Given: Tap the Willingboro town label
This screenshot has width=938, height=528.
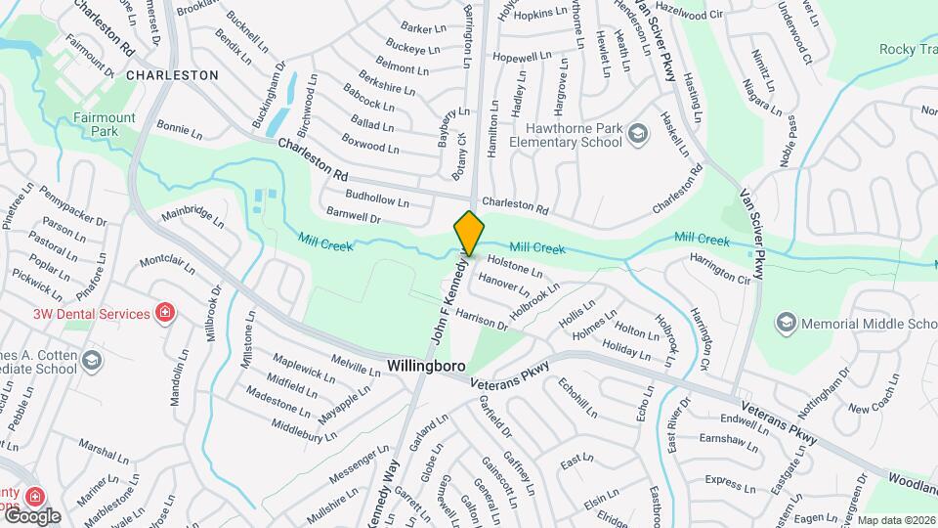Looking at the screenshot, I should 428,366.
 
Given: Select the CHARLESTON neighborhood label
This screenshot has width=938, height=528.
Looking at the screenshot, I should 172,74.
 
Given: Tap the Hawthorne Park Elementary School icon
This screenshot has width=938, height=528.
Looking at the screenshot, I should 637,134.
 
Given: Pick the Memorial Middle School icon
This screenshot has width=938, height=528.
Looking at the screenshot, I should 786,324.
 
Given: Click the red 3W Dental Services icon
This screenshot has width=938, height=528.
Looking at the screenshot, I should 165,314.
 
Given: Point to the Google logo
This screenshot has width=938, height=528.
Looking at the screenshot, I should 31,515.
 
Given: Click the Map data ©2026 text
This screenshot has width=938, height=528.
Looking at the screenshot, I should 896,520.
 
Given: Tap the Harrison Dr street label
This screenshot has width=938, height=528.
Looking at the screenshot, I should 482,317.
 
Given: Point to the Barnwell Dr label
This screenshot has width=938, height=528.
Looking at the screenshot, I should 353,216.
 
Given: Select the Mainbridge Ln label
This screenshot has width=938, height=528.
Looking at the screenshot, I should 192,216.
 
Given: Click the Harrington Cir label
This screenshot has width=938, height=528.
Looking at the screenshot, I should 719,270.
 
